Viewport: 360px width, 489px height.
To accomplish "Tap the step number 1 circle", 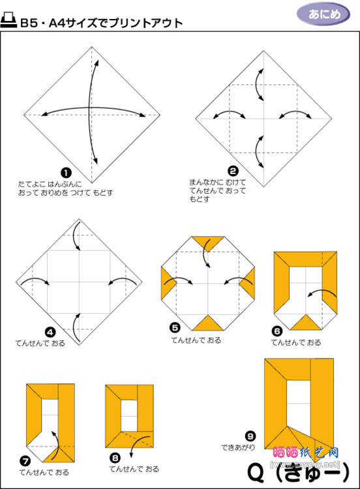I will pos(66,172).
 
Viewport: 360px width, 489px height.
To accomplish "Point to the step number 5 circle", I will pos(174,329).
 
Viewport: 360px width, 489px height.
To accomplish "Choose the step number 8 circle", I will pos(115,457).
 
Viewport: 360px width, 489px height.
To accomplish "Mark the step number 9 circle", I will pos(249,436).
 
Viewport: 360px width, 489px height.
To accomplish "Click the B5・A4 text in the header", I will pos(44,23).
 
